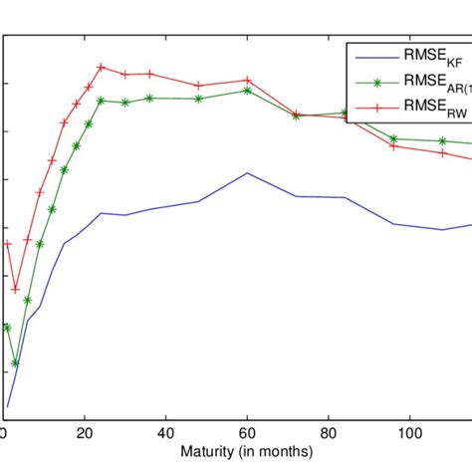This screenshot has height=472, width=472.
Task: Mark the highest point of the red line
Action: point(102,67)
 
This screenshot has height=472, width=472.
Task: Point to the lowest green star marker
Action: point(15,363)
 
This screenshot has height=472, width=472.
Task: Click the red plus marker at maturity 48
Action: point(199,86)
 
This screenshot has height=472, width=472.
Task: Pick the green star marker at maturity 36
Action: point(150,98)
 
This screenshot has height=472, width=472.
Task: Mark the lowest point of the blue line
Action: point(7,407)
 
